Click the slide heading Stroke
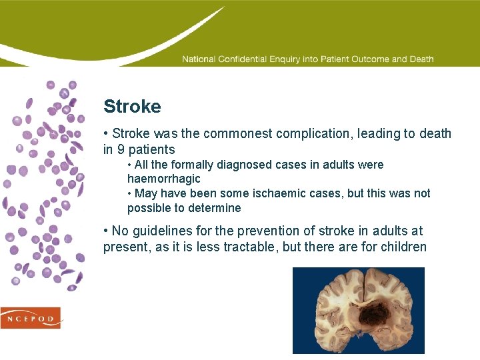pyautogui.click(x=132, y=107)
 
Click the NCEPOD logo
pyautogui.click(x=31, y=318)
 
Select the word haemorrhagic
pyautogui.click(x=163, y=179)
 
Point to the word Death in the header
pyautogui.click(x=421, y=59)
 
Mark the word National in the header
pyautogui.click(x=199, y=59)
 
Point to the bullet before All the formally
pyautogui.click(x=130, y=165)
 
